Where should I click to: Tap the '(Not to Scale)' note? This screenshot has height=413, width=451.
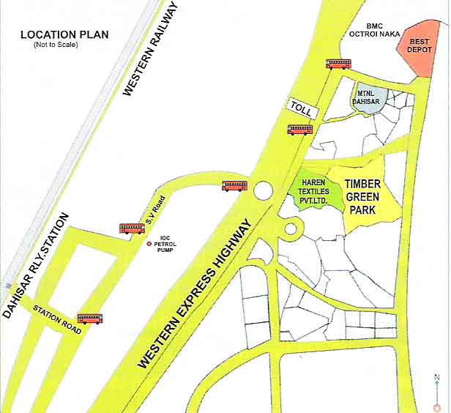click(x=56, y=45)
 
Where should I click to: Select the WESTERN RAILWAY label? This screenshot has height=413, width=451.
click(x=150, y=50)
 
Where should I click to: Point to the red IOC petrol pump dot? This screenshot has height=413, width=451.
click(x=149, y=244)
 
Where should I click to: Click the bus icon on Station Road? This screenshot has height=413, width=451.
click(x=90, y=319)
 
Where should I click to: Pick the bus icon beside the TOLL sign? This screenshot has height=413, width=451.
click(x=300, y=130)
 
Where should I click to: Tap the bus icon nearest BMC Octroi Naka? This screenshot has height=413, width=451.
click(x=339, y=64)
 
